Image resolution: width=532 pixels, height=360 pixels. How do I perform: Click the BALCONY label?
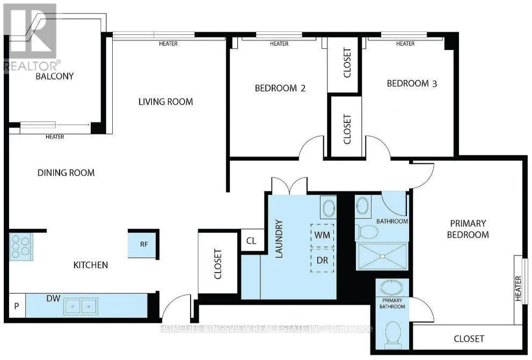coord(55,76)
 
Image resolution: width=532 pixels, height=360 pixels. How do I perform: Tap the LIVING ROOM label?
coord(165,102)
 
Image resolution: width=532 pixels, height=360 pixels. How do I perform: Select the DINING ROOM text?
coord(66,172)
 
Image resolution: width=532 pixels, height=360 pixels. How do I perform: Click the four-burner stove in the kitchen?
coord(21,247)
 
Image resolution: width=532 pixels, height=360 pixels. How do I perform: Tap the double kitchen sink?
coord(81,306)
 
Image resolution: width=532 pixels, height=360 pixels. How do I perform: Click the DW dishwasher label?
coord(53,299)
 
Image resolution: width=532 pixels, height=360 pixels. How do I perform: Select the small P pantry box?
coord(16,306)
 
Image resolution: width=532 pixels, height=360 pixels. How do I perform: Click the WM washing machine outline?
coord(322,235)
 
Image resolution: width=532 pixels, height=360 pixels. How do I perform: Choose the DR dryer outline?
coord(322,260)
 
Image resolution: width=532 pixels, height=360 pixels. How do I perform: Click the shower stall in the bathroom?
coord(382,256)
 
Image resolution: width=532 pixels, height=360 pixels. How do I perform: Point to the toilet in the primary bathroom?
coord(392,332)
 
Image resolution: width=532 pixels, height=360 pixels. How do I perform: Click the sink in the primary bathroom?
coord(392,287)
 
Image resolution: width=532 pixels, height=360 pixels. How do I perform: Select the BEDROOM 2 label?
coord(280,88)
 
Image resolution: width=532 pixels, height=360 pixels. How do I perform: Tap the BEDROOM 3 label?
coord(412,83)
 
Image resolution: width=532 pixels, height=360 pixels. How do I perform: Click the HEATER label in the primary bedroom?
coord(518,289)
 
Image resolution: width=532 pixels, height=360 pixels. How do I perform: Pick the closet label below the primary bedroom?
coord(469,339)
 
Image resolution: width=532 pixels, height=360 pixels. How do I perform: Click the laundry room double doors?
coord(289,185)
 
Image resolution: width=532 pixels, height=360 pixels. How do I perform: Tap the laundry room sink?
coord(329,208)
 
